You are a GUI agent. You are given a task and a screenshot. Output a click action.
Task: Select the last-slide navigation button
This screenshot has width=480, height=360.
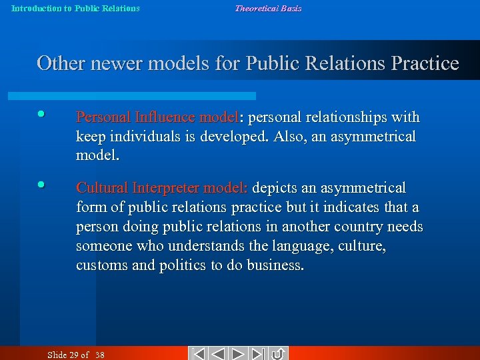[x=259, y=353]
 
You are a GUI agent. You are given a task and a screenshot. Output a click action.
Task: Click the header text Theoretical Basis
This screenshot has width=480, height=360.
[x=268, y=9]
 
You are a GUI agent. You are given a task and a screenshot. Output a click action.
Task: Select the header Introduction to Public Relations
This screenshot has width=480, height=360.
[x=75, y=9]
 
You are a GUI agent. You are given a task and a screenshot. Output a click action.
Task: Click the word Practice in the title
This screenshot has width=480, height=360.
[x=425, y=64]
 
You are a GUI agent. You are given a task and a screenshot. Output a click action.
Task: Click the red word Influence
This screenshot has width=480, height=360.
[x=163, y=117]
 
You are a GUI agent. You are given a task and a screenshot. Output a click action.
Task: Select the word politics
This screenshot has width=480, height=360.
[x=182, y=265]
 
